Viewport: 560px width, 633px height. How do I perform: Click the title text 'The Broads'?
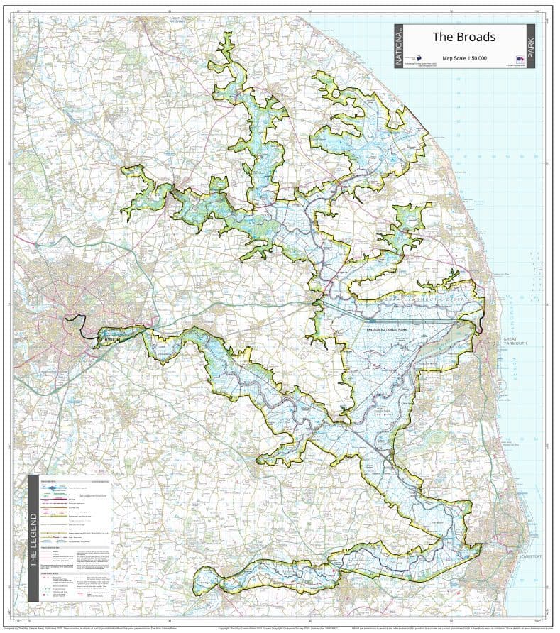463,37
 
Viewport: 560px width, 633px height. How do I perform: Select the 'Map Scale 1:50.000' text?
464,57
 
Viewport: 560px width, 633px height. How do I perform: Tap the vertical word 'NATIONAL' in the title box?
398,46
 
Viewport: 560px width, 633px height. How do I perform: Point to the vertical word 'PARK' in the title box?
529,46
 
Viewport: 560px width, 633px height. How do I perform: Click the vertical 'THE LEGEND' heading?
33,539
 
